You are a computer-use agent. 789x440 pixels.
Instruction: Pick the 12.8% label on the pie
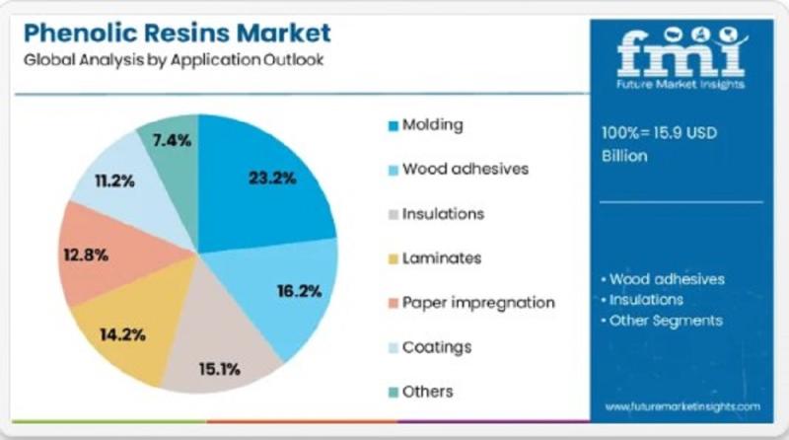tap(84, 255)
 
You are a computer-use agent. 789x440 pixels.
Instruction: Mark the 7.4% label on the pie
tap(172, 140)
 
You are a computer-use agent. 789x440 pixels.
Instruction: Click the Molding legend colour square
tap(394, 125)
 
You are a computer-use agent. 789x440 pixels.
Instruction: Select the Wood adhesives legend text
tap(465, 169)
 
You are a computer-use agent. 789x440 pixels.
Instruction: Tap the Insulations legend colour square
tap(394, 214)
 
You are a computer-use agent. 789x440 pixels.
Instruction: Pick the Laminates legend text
tap(442, 258)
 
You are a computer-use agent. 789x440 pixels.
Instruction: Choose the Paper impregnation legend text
tap(478, 302)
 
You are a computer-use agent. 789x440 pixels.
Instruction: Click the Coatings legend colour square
tap(394, 347)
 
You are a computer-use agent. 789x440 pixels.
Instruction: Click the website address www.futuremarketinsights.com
tap(681, 406)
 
